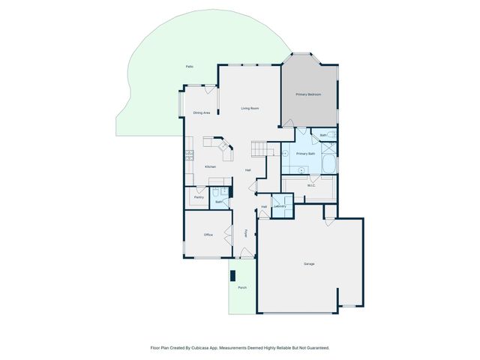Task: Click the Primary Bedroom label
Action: point(309,94)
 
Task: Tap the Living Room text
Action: point(250,109)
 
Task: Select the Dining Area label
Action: point(201,112)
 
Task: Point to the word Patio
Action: point(190,67)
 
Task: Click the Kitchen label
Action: point(211,166)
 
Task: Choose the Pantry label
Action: point(199,196)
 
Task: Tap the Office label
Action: point(208,235)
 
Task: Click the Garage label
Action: point(309,265)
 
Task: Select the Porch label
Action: point(242,287)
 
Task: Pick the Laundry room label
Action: point(280,205)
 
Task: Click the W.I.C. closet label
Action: point(310,184)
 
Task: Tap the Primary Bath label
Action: point(305,153)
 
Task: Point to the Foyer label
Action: point(245,234)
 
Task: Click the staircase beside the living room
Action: point(259,149)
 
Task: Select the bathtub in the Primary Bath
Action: point(330,163)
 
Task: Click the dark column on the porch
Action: point(233,274)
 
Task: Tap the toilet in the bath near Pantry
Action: point(223,192)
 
